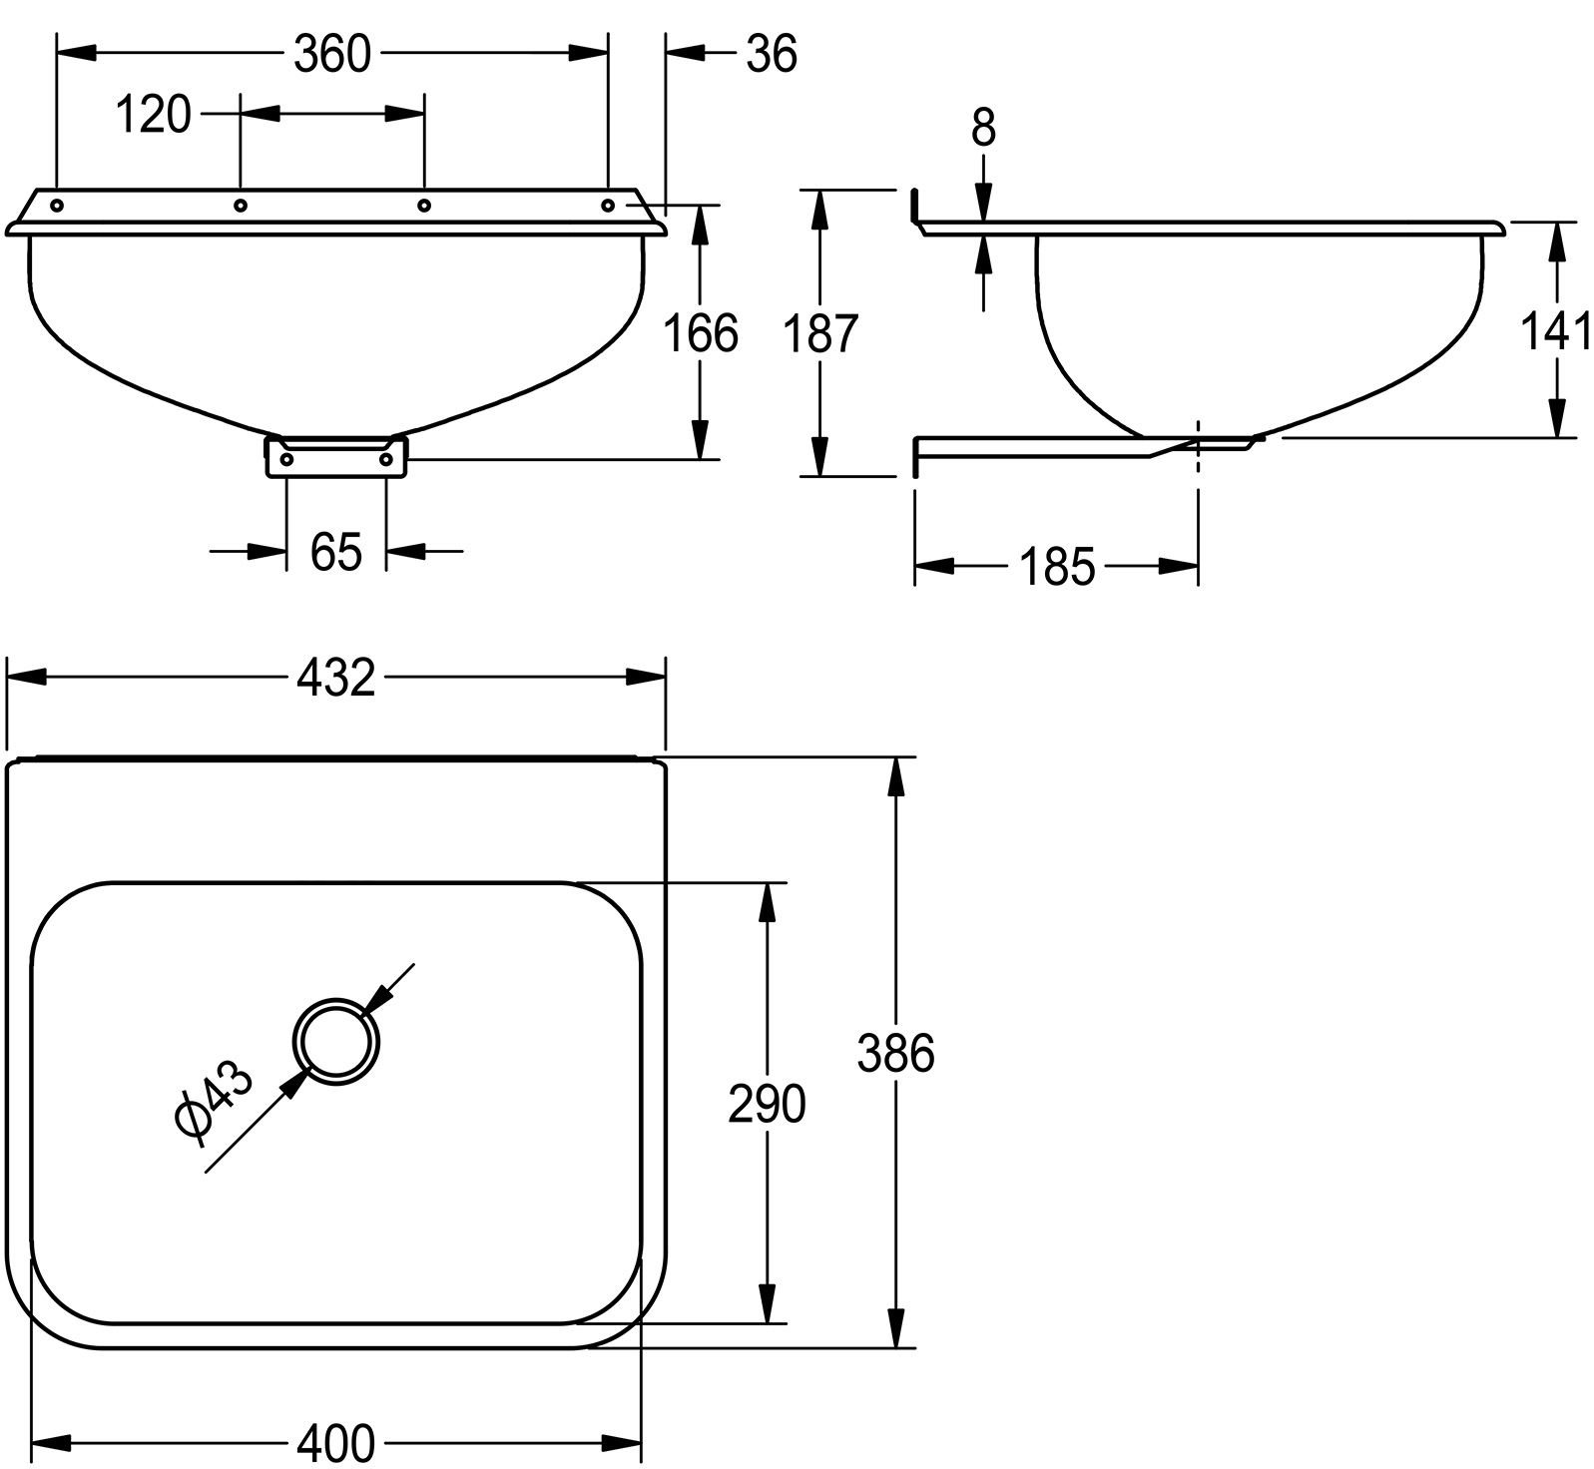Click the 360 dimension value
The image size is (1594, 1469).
[x=332, y=54]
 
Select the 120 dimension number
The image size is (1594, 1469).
[x=153, y=115]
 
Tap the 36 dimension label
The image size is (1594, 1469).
[x=772, y=54]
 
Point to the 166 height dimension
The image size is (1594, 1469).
[x=702, y=333]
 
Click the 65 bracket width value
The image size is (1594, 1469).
[x=335, y=551]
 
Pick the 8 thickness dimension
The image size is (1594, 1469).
[x=983, y=128]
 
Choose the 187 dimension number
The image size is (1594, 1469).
[x=820, y=333]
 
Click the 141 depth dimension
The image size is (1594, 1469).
[x=1556, y=331]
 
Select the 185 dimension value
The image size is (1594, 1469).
[x=1057, y=568]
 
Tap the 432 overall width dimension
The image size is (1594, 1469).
[x=336, y=679]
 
